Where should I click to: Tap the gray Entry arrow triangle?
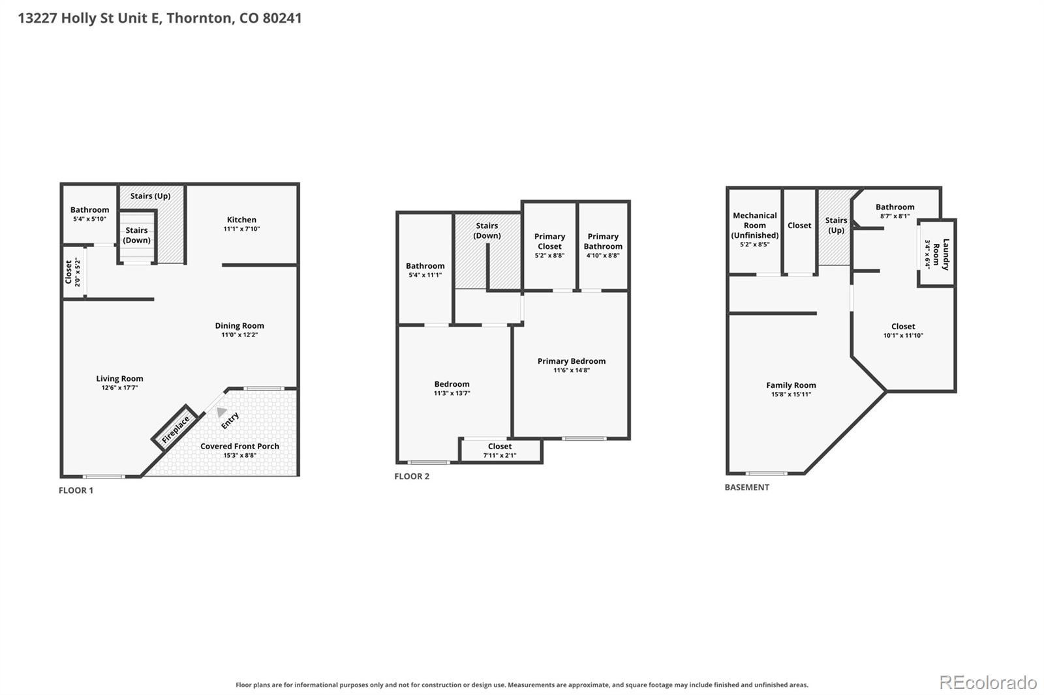(221, 412)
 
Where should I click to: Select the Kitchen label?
(241, 220)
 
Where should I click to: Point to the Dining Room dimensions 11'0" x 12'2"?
(239, 335)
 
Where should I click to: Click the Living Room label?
(120, 379)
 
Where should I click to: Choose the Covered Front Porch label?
(239, 446)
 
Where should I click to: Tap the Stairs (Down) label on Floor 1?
(136, 235)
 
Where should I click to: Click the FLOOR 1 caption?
(76, 490)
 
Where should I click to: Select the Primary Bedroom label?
(572, 361)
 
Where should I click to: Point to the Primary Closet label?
(549, 241)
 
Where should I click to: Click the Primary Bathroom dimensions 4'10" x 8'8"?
(603, 256)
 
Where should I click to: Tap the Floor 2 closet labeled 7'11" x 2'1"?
(500, 451)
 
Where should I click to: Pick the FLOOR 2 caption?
(412, 477)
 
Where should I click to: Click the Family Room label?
(791, 385)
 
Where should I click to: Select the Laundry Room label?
(940, 254)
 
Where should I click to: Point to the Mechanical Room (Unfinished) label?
(754, 226)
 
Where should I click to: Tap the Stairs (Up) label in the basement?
(836, 225)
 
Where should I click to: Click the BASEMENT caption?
(746, 487)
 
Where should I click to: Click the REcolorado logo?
(988, 683)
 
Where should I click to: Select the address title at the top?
(160, 18)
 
